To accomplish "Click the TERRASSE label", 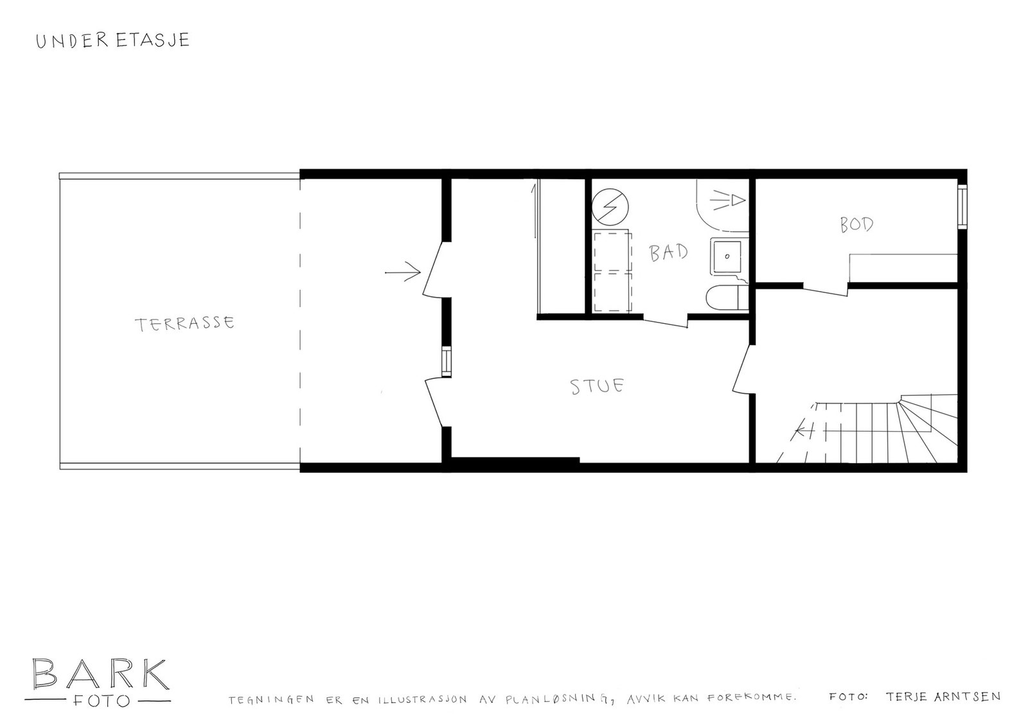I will [x=185, y=323].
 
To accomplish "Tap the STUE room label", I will [x=598, y=386].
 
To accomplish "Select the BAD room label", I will [x=669, y=252].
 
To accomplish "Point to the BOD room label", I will [x=856, y=224].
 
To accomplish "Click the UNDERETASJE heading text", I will [x=112, y=40].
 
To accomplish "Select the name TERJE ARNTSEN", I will [x=943, y=697].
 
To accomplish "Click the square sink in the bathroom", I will [x=727, y=255].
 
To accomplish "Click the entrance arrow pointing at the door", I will [x=402, y=273].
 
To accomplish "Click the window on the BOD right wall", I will [x=962, y=206].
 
